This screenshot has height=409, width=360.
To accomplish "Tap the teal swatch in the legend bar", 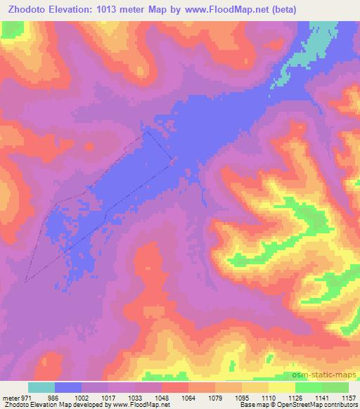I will click(41, 387).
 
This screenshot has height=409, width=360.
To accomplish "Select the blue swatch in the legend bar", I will click(68, 387).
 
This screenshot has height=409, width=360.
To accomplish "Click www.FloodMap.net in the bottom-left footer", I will click(136, 404).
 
